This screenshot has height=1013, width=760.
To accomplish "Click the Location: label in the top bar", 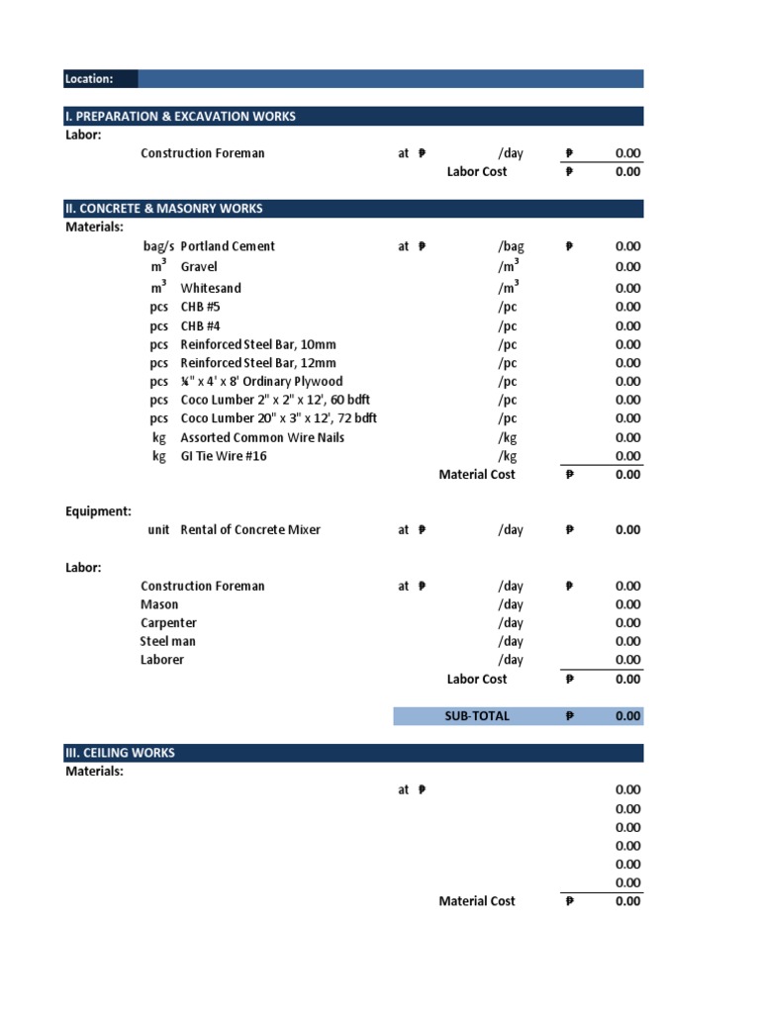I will [x=89, y=79].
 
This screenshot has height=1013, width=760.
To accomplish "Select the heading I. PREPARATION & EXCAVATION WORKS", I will [x=180, y=117].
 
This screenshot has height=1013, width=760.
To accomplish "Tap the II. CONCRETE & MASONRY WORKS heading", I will [x=164, y=209].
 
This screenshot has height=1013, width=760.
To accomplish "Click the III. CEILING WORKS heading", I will [x=120, y=753].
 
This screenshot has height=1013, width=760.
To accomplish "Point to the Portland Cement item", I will [x=228, y=246].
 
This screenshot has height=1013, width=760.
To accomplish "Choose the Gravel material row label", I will [x=199, y=267].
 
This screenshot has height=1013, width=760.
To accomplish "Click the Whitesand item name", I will [x=211, y=289].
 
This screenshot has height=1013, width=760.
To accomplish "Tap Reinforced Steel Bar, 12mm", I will [x=258, y=363].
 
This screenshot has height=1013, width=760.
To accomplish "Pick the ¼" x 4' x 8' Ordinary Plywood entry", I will [x=261, y=382].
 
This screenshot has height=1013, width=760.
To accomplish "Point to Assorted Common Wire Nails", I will [x=262, y=437].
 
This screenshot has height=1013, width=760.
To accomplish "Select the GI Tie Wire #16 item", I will [x=224, y=456].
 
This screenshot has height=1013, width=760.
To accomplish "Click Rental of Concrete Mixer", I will [x=250, y=530].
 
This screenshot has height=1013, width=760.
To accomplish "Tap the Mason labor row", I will [x=159, y=604].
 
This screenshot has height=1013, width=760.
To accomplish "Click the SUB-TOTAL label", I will [x=477, y=716].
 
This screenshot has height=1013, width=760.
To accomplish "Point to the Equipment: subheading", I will [x=98, y=511].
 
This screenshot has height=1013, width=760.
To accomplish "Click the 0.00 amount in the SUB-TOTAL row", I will [x=627, y=716].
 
